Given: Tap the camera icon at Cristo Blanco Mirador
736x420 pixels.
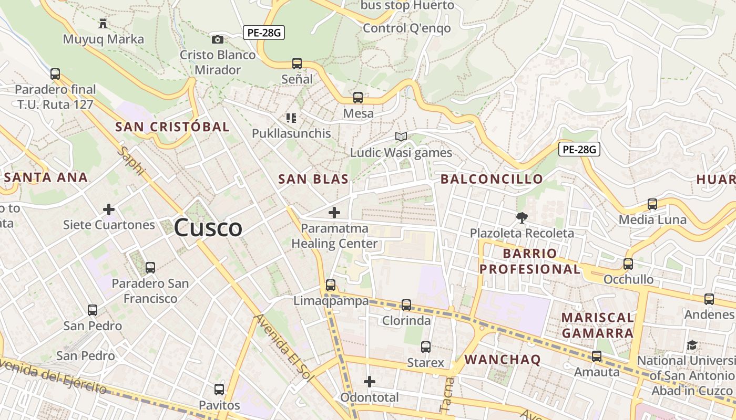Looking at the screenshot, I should [x=217, y=39].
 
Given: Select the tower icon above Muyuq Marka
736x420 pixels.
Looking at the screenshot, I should [x=103, y=24].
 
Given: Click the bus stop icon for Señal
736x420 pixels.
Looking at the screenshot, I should [x=297, y=64].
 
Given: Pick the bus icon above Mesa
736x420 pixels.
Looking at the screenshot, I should [x=358, y=98].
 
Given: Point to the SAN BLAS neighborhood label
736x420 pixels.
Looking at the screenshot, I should [x=313, y=179].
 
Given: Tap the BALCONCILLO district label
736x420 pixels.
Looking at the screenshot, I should [x=492, y=179].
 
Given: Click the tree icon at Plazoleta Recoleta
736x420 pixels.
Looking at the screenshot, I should [x=522, y=217].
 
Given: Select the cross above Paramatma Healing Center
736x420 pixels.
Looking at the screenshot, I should [x=334, y=213].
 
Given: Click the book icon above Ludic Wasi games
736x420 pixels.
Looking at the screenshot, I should [x=401, y=137].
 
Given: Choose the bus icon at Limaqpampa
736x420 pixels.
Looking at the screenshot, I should [x=331, y=285].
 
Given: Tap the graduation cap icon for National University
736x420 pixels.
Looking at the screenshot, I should [x=692, y=345].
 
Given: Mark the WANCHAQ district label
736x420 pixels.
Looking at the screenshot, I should [x=503, y=360].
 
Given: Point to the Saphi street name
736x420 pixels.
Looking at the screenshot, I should [x=131, y=160].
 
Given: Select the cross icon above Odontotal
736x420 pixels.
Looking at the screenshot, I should [x=370, y=382].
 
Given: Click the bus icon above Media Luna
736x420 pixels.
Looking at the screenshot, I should [x=652, y=204].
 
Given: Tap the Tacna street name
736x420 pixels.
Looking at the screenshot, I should [x=447, y=394].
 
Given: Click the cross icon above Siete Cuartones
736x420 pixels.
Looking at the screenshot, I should [x=109, y=210].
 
